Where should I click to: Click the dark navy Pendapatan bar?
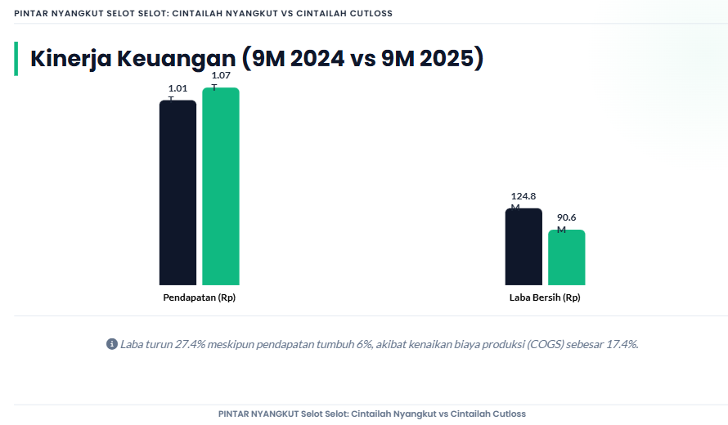click(178, 193)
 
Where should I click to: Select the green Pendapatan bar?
click(221, 186)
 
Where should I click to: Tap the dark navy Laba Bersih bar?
click(524, 247)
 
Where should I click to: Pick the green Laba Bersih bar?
click(567, 257)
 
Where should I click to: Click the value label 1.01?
click(178, 88)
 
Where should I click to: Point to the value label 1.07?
click(221, 75)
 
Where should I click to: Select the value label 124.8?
click(524, 196)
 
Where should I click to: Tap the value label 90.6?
click(567, 217)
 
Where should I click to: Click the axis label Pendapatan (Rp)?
click(200, 297)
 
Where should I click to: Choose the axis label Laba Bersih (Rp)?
click(545, 297)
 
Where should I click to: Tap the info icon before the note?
click(112, 344)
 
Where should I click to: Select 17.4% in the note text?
click(622, 344)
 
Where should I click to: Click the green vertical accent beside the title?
click(16, 59)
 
